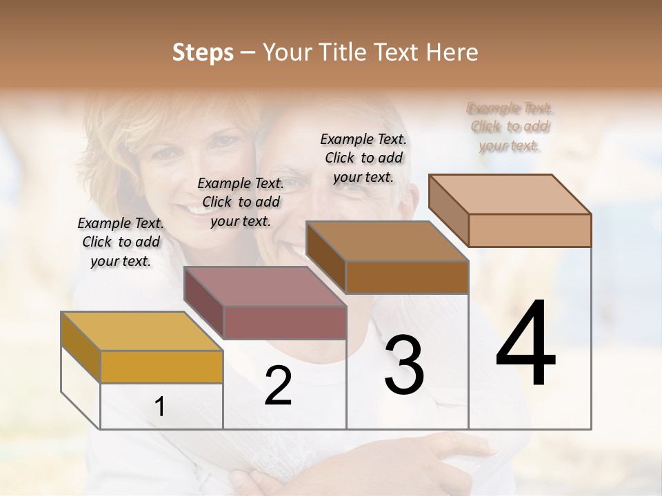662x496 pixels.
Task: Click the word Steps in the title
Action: coord(203,52)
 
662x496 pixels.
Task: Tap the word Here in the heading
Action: coord(452,52)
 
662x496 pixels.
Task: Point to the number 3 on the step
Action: coord(404,365)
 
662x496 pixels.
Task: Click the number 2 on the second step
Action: coord(278,386)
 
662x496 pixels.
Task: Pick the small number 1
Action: coord(160,407)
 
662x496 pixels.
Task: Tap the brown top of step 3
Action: coord(387,241)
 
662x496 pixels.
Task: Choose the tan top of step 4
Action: coord(510,194)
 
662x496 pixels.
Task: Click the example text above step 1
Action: coord(121,242)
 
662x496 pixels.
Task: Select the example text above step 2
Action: coord(241,202)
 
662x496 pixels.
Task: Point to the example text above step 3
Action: coord(363,158)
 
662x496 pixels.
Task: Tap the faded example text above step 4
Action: coord(510,126)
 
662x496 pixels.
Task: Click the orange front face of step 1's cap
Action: coord(161,366)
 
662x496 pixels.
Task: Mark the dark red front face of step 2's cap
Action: coord(285,322)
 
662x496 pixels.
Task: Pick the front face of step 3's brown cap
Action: coord(407,277)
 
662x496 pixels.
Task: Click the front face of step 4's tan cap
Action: coord(530,230)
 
